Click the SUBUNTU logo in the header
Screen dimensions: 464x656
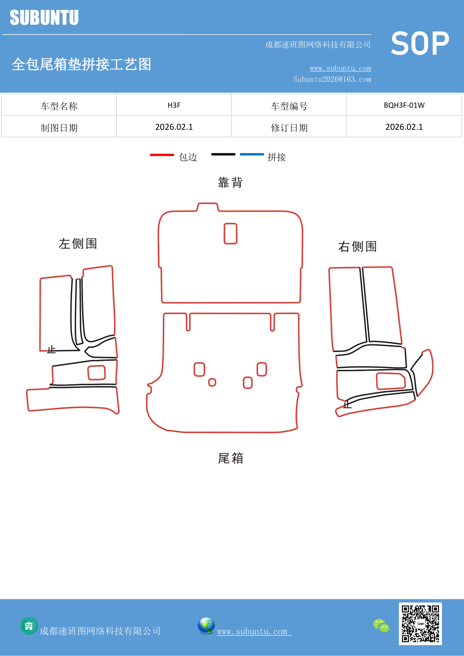tap(44, 18)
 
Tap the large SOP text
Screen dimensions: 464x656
tap(420, 43)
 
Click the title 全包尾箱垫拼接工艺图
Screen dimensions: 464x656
tap(81, 64)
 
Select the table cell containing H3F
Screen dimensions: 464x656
tap(174, 105)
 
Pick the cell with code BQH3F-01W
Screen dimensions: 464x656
tap(404, 105)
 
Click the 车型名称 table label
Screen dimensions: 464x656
tap(59, 106)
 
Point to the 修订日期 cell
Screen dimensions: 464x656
tap(289, 128)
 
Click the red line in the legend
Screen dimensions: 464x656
tap(162, 154)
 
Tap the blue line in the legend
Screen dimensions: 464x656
tap(252, 154)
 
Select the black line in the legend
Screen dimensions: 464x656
tap(223, 154)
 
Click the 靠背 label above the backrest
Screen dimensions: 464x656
tap(230, 183)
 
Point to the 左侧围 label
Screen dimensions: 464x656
tap(78, 243)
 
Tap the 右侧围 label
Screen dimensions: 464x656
tap(357, 246)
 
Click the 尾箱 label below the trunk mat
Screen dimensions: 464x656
tap(230, 458)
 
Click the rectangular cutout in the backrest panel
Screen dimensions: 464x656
tap(230, 233)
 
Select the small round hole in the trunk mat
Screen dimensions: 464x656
tap(212, 382)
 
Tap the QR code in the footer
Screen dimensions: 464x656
tap(420, 624)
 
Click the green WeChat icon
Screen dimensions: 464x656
tap(381, 626)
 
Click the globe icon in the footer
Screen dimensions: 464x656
tap(206, 626)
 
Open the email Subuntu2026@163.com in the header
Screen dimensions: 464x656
tap(332, 79)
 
